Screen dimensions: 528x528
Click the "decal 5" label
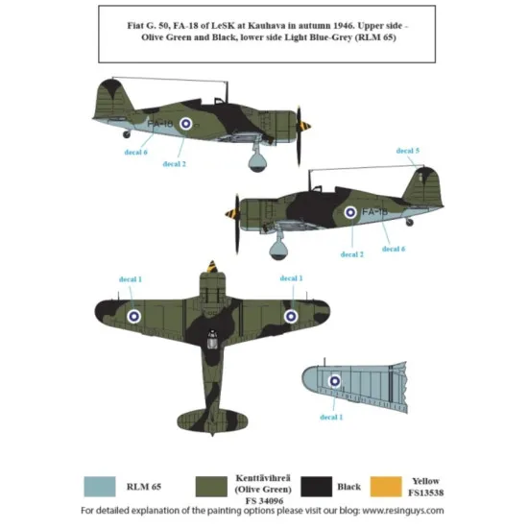click(408, 151)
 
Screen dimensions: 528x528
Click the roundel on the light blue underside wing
click(335, 382)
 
